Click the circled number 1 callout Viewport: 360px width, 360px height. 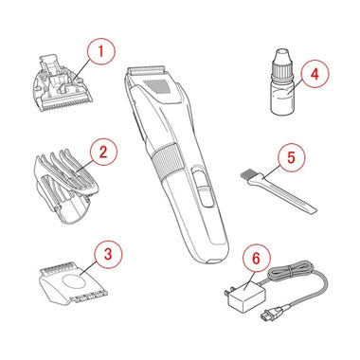(x=101, y=51)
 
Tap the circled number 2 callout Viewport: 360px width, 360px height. (x=103, y=153)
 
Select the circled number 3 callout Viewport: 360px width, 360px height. (x=108, y=254)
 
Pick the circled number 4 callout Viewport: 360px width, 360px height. (x=315, y=75)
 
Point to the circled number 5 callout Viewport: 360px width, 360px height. (x=291, y=158)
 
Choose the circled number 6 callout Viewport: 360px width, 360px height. (x=256, y=259)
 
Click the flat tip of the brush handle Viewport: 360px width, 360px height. (x=312, y=210)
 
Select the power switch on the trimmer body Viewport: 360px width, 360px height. (x=202, y=188)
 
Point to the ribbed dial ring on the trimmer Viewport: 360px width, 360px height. (x=167, y=160)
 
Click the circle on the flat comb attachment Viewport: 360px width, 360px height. (x=73, y=280)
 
